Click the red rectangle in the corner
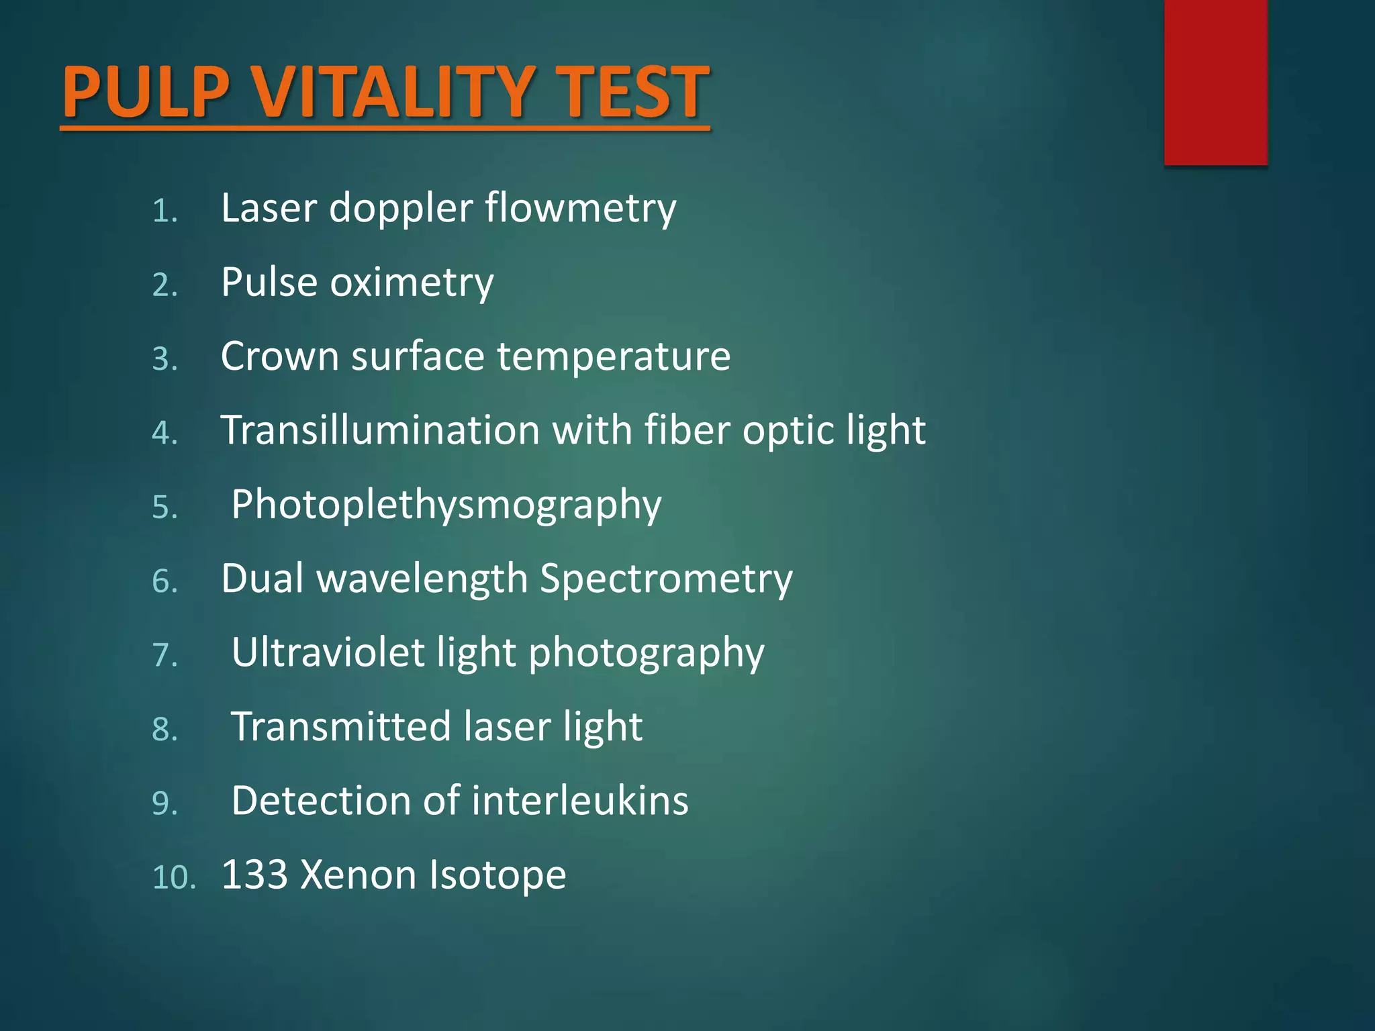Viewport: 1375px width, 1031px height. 1215,82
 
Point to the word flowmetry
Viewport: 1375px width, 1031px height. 580,207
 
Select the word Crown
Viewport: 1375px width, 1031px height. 280,356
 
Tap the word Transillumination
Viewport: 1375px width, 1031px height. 380,430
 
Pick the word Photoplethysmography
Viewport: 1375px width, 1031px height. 446,505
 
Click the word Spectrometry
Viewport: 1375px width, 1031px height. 666,579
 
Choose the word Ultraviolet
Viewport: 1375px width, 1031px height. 328,652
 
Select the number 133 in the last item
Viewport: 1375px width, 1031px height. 254,875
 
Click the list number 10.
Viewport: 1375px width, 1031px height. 173,877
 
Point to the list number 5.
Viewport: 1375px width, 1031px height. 165,507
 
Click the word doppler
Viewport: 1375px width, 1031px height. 401,207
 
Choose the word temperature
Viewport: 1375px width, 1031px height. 613,356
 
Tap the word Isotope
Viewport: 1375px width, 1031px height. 497,875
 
